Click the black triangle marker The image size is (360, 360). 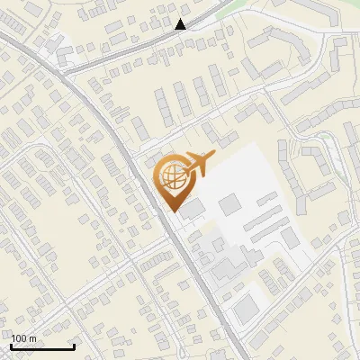click(x=181, y=24)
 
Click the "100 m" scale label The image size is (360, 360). click(x=23, y=338)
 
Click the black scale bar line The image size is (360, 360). click(x=41, y=346)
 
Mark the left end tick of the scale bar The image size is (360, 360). click(x=10, y=345)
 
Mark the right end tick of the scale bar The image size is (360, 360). click(x=74, y=345)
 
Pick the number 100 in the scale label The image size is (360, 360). click(x=20, y=338)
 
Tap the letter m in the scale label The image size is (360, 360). click(x=32, y=338)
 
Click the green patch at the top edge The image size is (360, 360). click(x=236, y=5)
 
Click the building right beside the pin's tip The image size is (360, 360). click(x=192, y=211)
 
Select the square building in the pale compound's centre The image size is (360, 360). click(x=229, y=205)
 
